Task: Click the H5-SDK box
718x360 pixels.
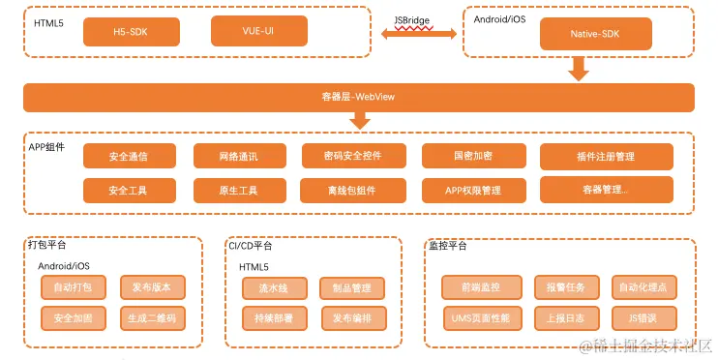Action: tap(131, 33)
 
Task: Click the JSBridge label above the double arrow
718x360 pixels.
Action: tap(412, 19)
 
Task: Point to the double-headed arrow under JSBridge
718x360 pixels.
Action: tap(419, 34)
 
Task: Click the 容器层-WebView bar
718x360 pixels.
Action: tap(358, 97)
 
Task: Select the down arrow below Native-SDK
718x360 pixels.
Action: tap(579, 69)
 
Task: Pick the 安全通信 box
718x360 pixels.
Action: tap(129, 156)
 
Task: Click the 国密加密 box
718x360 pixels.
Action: tap(473, 156)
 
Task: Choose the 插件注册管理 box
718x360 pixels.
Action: tap(606, 156)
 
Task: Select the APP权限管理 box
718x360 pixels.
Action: tap(473, 190)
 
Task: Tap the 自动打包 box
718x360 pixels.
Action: tap(73, 287)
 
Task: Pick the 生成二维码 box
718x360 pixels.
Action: tap(151, 317)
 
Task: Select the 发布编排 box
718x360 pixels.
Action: tap(352, 317)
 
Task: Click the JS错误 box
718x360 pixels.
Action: tap(643, 317)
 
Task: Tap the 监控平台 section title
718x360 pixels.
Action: tap(447, 246)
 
